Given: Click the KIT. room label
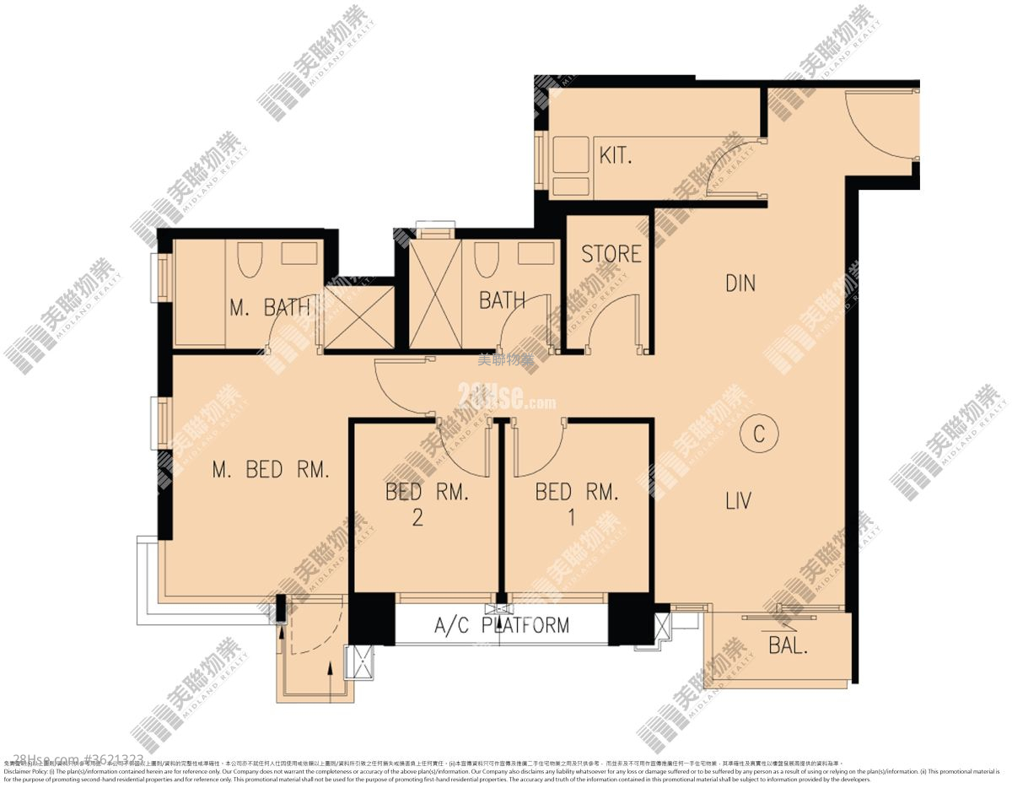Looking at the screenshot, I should coord(616,156).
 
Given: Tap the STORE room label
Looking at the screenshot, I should coord(611,254).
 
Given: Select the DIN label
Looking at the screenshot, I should coord(740,283).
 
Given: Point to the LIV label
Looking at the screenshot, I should coord(738,502).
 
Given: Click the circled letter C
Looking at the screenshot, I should coord(758,434).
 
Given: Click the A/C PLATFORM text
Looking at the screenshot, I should coord(501,626).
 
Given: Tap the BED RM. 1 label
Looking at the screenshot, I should coord(577,504).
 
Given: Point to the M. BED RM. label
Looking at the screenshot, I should coord(270,471).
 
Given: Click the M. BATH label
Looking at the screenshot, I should coord(270,308).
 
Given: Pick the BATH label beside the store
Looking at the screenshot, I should coord(502,300).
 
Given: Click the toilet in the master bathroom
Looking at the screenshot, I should coord(250,259).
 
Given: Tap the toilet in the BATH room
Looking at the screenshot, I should coord(485,259).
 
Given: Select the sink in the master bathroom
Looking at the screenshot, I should coord(299,253).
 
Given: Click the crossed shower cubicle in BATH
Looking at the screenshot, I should coord(434,294).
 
